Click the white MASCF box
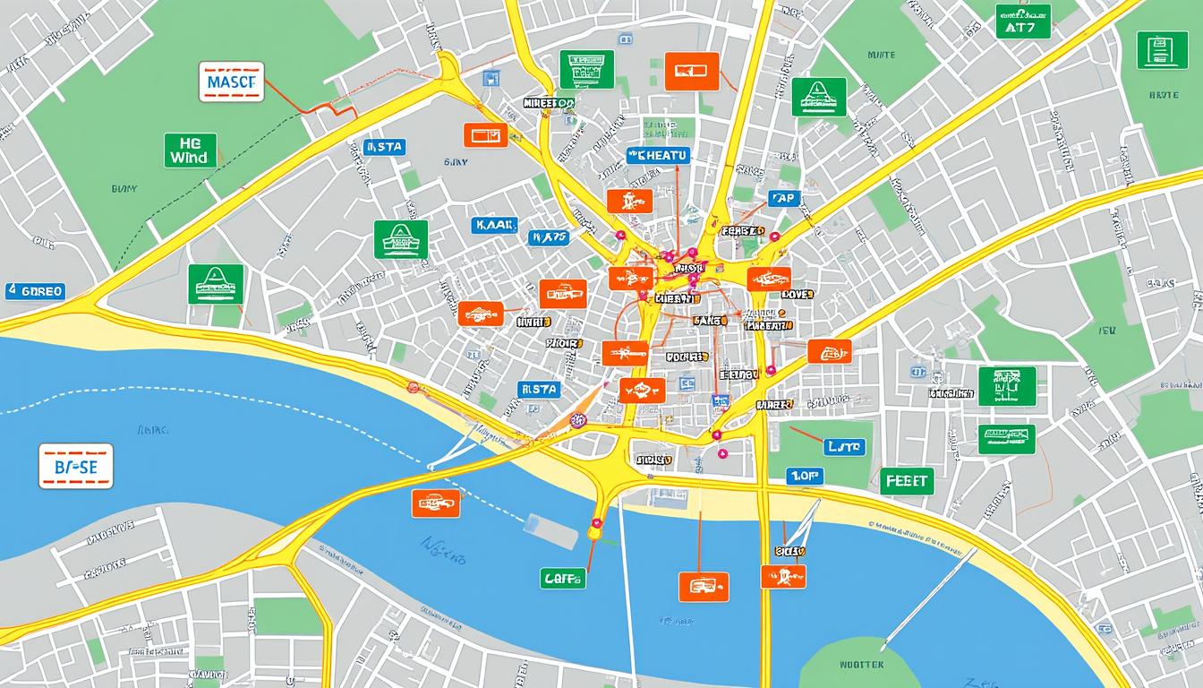coord(231,82)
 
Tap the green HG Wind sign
coord(191,150)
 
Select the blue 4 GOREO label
coord(35,291)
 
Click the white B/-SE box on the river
coord(76,466)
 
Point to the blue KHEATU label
coord(659,156)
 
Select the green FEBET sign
coord(907,481)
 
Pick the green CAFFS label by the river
coord(563,579)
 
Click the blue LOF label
coord(805,477)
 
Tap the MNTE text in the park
coord(881,55)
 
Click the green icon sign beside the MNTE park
coord(819,97)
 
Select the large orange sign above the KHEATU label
coord(692,72)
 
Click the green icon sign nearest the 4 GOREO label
coord(216,284)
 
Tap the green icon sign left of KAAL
coord(401,239)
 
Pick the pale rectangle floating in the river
coord(550,530)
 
